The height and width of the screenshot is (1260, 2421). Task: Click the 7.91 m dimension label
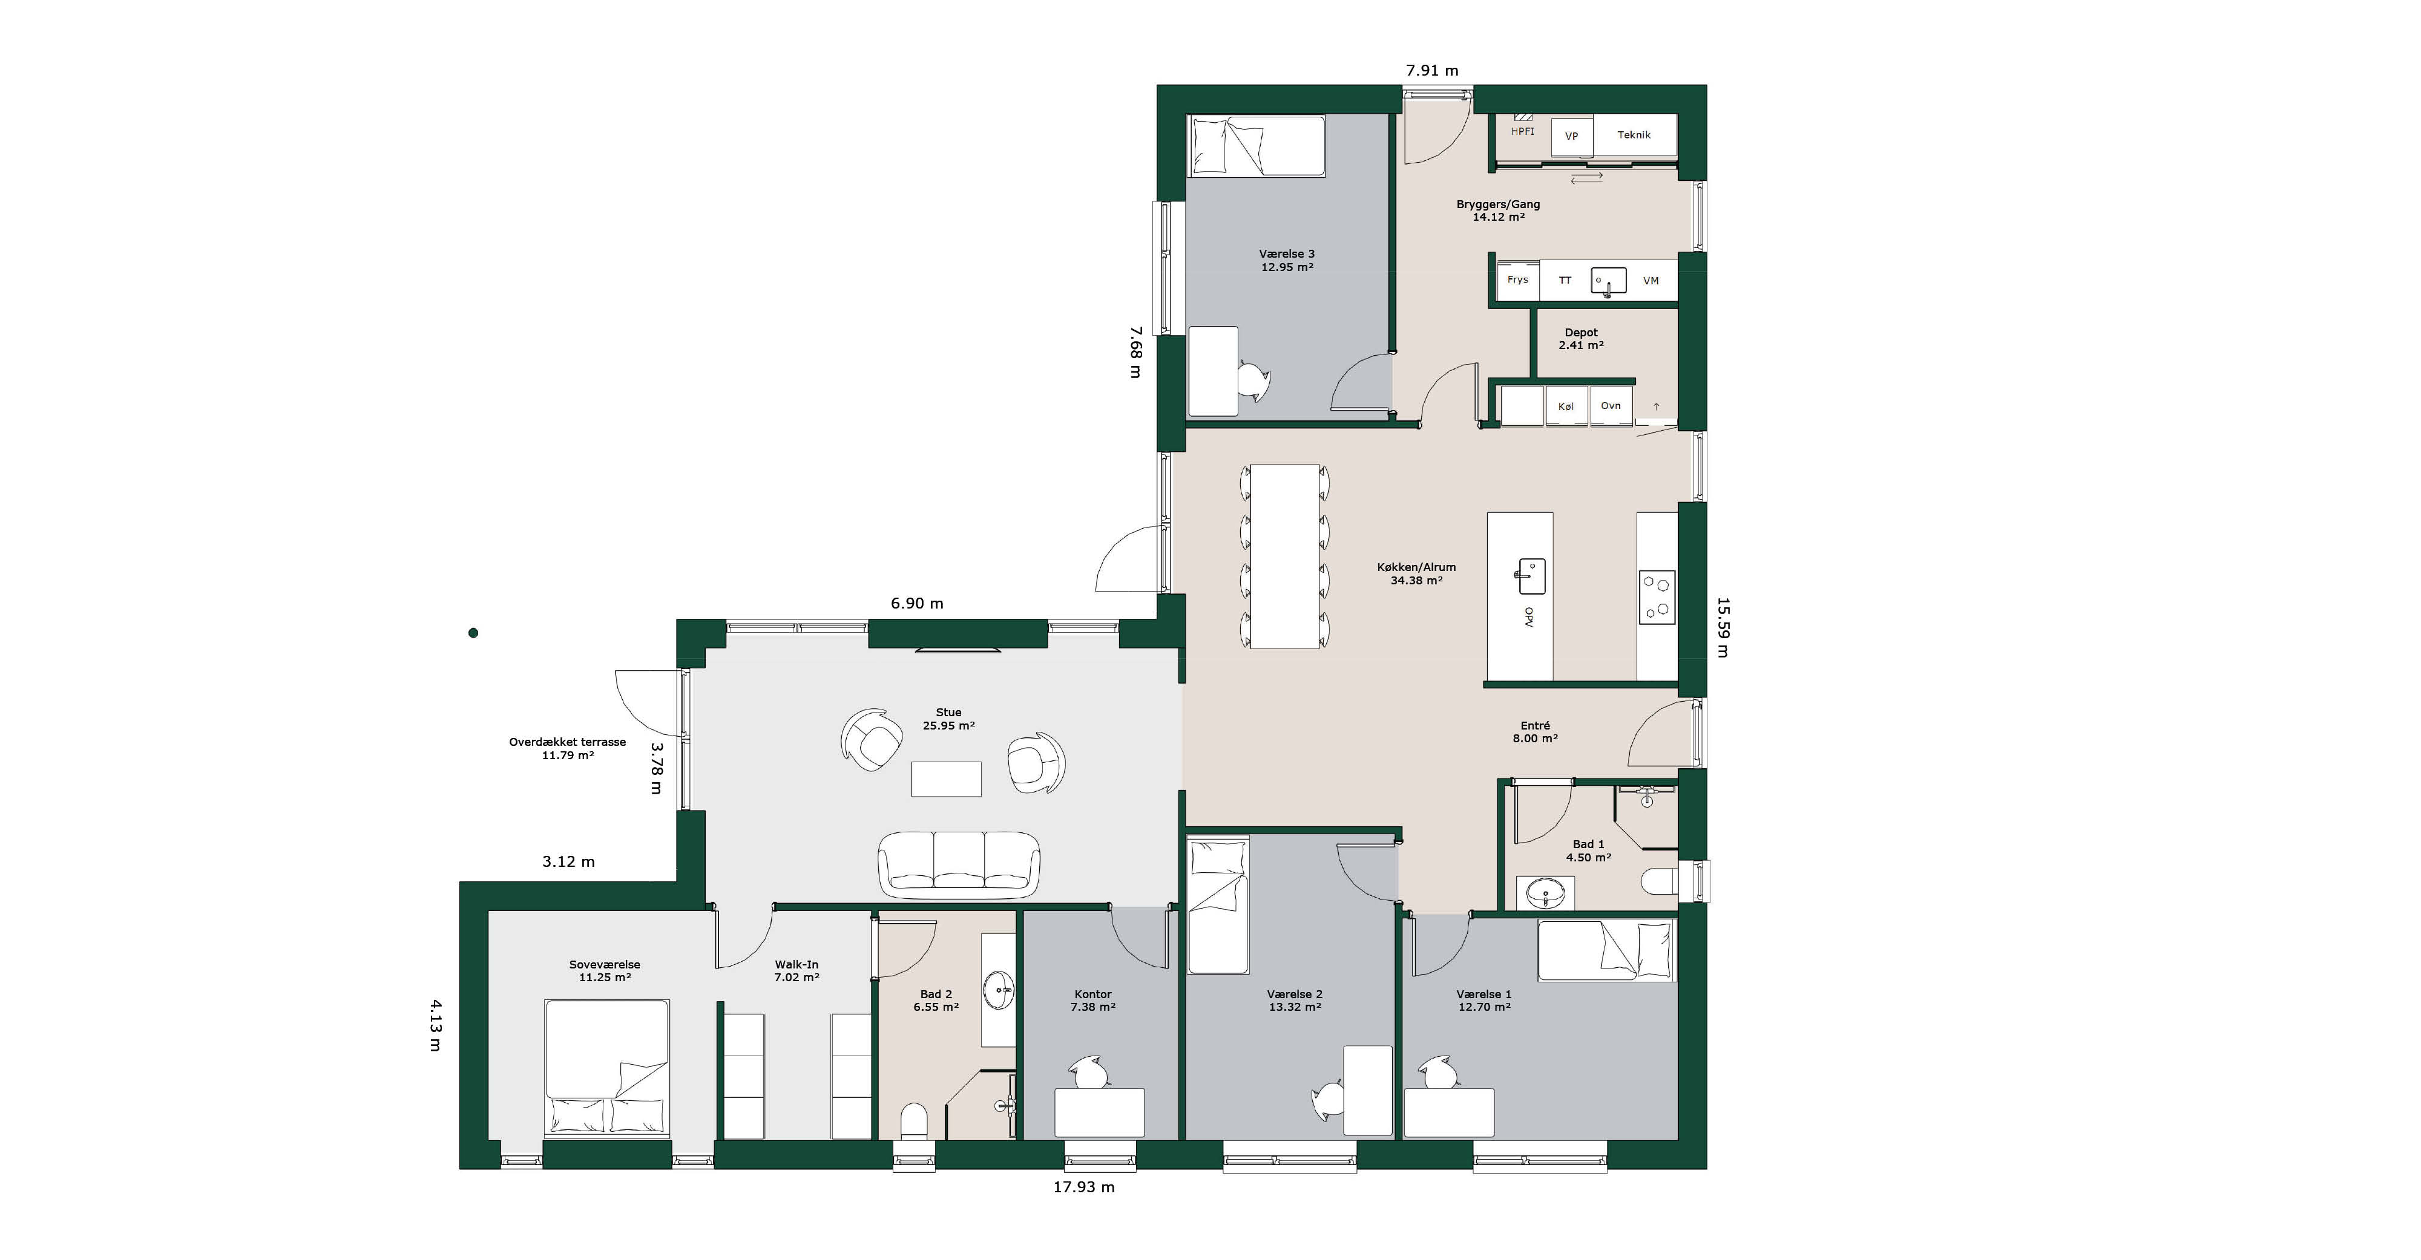point(1431,70)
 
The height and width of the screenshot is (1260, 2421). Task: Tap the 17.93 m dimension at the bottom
point(1083,1187)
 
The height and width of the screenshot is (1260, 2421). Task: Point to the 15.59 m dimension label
point(1723,627)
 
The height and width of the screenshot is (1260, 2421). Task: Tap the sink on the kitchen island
point(1531,576)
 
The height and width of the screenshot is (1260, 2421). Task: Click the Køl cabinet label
point(1566,407)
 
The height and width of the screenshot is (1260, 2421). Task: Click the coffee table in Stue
point(947,779)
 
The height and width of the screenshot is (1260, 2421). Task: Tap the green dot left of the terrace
point(474,633)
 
